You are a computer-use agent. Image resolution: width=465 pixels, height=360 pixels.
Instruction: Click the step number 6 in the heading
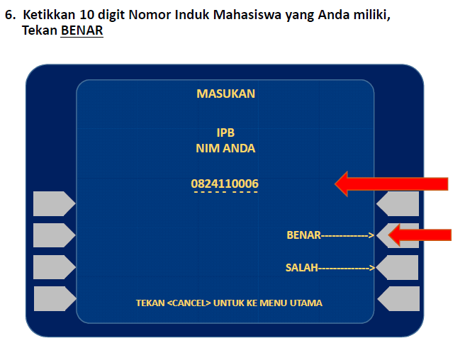tap(9, 15)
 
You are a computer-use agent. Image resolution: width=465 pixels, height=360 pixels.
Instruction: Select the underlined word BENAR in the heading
tap(82, 31)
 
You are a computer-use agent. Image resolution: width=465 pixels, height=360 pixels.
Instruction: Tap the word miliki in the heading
tap(369, 15)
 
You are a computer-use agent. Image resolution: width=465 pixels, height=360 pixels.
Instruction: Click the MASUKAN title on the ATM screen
tap(225, 94)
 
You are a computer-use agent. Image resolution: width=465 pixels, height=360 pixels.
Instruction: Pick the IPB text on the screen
tap(225, 133)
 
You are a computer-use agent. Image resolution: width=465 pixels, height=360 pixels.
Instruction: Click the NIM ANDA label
tap(225, 149)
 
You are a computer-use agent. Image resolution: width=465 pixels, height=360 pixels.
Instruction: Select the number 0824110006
tap(225, 184)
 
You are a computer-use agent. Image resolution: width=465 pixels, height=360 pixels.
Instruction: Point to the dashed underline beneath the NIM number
tap(225, 193)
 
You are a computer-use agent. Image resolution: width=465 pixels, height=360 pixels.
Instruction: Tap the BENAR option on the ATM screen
tap(303, 235)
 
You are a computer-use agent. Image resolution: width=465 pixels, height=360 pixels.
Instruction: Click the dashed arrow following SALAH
tap(347, 268)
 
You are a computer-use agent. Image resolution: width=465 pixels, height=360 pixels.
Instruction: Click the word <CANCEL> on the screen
tap(189, 303)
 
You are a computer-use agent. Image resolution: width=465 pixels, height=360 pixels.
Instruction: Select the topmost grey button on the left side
tap(54, 203)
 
